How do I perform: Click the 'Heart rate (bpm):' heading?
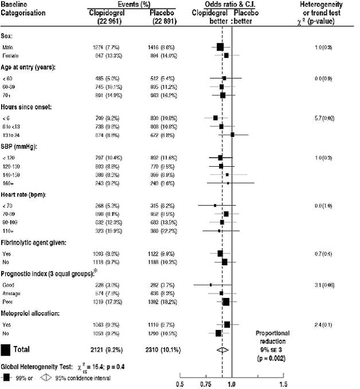point(26,195)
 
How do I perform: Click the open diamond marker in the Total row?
point(222,348)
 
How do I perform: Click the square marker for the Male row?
point(220,46)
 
